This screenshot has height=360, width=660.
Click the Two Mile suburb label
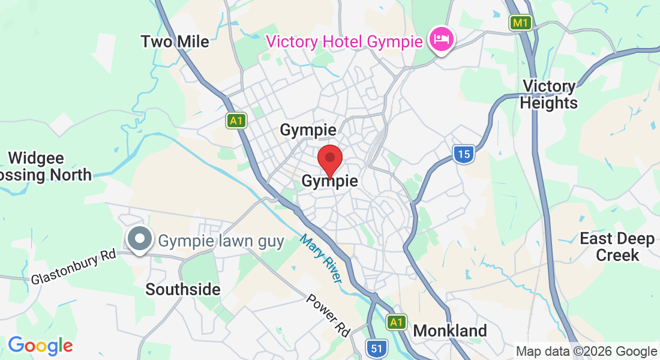(175, 41)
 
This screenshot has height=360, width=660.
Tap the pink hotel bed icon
(442, 40)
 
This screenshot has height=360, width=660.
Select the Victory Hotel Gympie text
(345, 41)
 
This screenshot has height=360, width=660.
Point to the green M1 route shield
(521, 23)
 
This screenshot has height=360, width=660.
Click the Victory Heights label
(548, 95)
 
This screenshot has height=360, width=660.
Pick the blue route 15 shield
(463, 154)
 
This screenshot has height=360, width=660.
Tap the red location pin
(329, 160)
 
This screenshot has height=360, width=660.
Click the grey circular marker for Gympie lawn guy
(140, 239)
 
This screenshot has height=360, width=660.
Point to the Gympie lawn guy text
(221, 241)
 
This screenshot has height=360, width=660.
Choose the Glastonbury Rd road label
(73, 266)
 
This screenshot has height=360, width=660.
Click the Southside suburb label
(183, 289)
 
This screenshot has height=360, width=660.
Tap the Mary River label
(321, 258)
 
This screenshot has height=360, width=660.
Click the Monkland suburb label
(450, 331)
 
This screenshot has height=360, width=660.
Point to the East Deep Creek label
(617, 247)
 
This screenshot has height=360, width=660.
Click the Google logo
(40, 346)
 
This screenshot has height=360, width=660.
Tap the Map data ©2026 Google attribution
(587, 352)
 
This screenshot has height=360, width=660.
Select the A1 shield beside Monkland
(396, 322)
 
